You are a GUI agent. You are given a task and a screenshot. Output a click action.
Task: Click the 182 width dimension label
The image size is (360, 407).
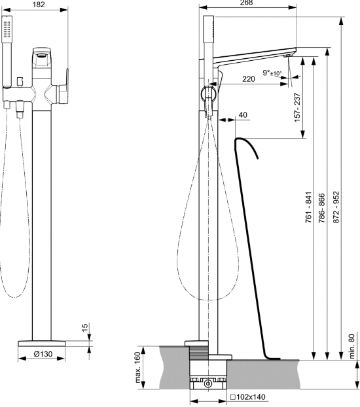coord(39,5)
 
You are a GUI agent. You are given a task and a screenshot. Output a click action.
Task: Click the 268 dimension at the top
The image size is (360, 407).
coord(246,3)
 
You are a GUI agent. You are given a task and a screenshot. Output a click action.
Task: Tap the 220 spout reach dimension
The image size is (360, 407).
coord(249,79)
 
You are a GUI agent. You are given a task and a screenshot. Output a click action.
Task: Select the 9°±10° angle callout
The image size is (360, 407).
coord(272,73)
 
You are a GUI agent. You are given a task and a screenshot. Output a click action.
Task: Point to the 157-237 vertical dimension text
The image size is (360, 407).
coord(297,107)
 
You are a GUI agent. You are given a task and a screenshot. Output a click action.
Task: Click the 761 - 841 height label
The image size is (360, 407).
coord(308,207)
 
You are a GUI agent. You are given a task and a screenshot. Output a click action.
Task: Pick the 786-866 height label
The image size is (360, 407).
coord(322,208)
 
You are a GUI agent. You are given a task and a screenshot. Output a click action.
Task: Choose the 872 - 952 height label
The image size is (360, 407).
coord(336,207)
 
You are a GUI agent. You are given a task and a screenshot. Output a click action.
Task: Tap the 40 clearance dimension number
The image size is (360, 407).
coord(243,115)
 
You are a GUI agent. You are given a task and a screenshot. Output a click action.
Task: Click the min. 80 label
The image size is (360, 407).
coord(351,346)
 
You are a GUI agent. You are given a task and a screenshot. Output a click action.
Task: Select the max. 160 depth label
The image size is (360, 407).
coord(137,367)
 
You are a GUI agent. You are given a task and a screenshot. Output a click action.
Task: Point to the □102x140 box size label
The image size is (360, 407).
coord(248,397)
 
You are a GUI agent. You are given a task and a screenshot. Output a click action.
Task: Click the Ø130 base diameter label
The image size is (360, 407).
coord(43,353)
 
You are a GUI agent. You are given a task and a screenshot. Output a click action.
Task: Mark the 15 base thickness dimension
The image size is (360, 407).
coord(84,327)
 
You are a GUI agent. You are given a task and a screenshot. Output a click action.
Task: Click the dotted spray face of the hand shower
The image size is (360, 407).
coord(7,29)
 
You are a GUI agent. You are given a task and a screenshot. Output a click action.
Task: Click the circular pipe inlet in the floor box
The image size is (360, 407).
coord(207,383)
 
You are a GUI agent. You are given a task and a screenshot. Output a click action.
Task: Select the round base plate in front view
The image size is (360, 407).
coord(41,344)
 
